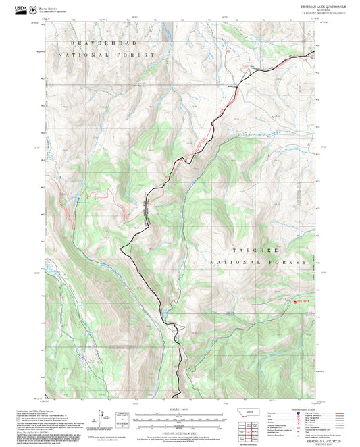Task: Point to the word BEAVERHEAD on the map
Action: coord(86,42)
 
